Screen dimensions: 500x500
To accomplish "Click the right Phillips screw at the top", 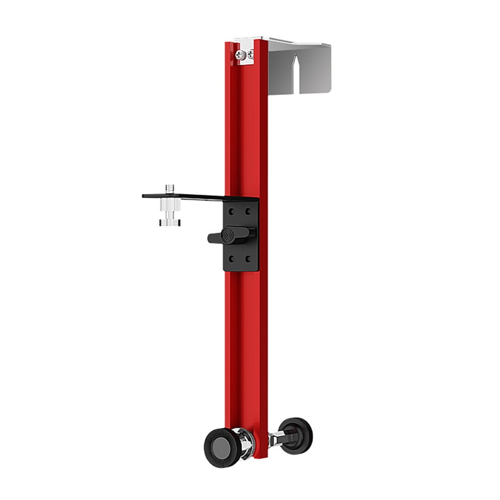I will coord(250,54).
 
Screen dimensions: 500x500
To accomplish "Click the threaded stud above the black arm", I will coord(169,188).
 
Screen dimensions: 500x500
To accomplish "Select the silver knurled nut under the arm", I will coord(169,206).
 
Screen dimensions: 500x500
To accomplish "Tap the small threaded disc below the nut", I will coord(169,223).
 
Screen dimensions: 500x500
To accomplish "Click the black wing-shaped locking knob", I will coord(229,236).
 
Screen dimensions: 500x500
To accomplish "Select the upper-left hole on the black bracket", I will coord(231,211).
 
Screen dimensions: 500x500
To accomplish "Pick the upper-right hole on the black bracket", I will coord(249,211).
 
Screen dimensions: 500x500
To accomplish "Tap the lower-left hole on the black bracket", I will coord(231,258).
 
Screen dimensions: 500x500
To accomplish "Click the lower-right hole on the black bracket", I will coord(249,258).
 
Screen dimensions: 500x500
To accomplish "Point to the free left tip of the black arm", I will coord(145,196).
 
